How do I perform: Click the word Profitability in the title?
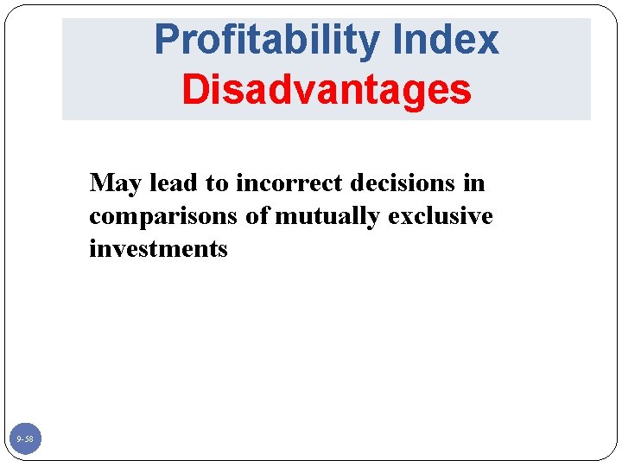pos(256,40)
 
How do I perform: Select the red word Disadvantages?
pos(327,89)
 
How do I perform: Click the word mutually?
pos(327,216)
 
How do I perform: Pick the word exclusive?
pos(441,215)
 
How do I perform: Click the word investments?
pos(158,249)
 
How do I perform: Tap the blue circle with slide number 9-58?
pos(24,440)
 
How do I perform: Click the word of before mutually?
pos(257,215)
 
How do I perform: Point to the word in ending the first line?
pos(474,183)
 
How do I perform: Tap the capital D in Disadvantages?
pos(194,89)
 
